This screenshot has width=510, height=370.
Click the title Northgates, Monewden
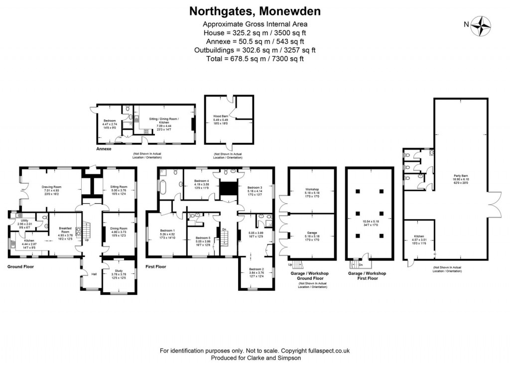[255, 11]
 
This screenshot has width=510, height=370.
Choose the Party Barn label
[460, 175]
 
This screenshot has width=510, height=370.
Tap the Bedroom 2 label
[256, 269]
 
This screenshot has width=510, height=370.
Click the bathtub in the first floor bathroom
[163, 187]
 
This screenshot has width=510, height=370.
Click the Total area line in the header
[255, 58]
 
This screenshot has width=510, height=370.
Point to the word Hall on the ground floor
[94, 273]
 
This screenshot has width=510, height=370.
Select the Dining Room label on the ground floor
[119, 228]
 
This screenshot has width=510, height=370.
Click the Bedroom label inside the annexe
[110, 121]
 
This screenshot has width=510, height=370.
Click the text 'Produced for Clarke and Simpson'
[255, 358]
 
